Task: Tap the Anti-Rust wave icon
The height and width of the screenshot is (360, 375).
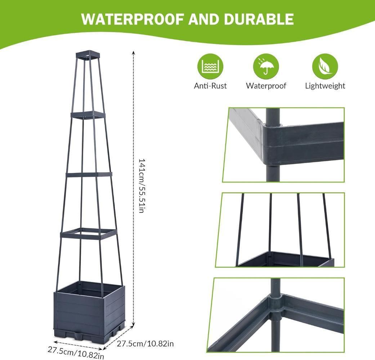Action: (x=210, y=67)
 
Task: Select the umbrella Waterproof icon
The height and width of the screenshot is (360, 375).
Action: (x=266, y=67)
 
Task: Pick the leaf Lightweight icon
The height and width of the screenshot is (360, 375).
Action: (x=325, y=67)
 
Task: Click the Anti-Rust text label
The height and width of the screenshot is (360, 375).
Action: (x=210, y=86)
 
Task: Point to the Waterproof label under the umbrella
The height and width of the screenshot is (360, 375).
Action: (x=266, y=86)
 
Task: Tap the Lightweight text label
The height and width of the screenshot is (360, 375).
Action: (x=325, y=86)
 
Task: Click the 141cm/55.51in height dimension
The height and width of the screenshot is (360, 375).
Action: (x=141, y=185)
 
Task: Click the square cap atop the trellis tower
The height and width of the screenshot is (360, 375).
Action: (x=88, y=55)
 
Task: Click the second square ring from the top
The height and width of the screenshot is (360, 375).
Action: (x=88, y=115)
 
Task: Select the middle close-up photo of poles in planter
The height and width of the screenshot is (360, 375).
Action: (x=283, y=230)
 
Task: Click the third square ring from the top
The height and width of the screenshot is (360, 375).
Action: (x=89, y=175)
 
